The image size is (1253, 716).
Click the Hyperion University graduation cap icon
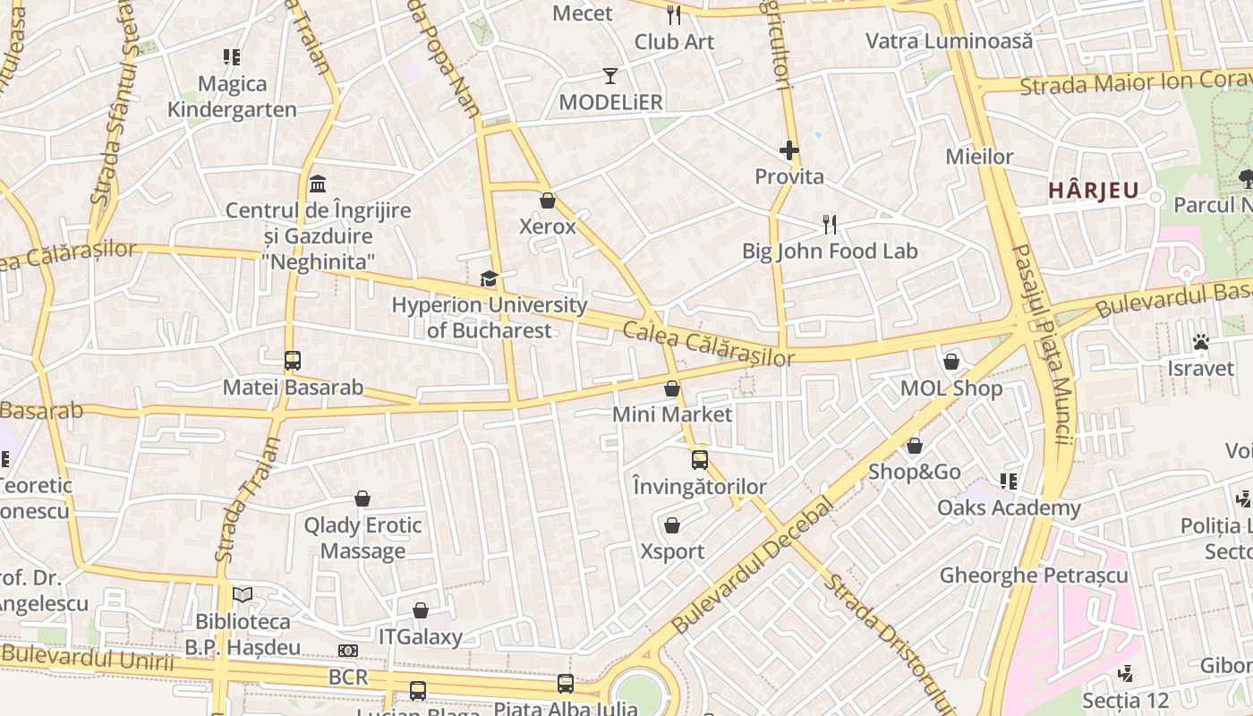tap(489, 279)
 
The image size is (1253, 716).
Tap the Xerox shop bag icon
tap(548, 200)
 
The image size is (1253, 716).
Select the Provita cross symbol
tap(788, 150)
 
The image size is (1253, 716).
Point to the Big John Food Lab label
tap(830, 251)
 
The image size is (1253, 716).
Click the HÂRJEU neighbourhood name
tap(1094, 190)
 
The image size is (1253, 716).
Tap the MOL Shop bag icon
tap(951, 362)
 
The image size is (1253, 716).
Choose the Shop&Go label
tap(915, 472)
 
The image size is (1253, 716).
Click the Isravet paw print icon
tap(1200, 342)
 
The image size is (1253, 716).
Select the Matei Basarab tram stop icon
tap(293, 361)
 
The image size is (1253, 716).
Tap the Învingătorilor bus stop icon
tap(700, 460)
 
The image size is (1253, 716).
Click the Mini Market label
tap(672, 414)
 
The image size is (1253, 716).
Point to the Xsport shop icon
tap(672, 525)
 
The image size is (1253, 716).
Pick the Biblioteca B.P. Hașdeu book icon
tap(243, 594)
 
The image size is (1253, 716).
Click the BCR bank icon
tap(348, 651)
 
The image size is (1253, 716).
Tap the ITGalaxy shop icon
tap(421, 610)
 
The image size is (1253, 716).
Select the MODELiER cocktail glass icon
tap(610, 76)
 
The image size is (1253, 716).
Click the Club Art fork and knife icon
tap(674, 15)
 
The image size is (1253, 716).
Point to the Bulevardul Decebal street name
tap(751, 567)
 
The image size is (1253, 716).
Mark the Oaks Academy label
tap(1009, 507)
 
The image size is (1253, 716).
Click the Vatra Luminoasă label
tap(949, 41)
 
